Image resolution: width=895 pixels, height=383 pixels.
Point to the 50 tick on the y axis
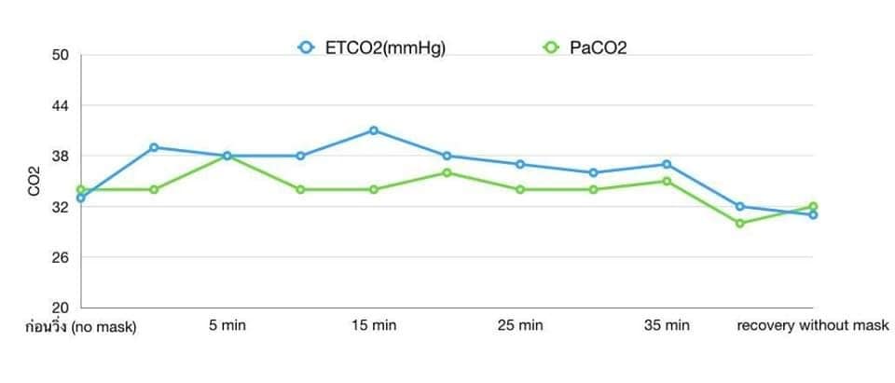click(61, 55)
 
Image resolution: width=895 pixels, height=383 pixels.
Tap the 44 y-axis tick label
click(61, 105)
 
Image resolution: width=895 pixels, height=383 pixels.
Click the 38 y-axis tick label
click(61, 156)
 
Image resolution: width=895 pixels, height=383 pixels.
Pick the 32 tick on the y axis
click(61, 207)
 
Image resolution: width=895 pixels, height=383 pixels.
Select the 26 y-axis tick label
click(61, 257)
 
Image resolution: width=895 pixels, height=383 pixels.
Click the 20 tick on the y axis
click(61, 308)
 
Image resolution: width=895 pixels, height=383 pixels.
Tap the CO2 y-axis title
click(34, 181)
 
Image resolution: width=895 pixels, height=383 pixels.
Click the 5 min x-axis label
click(227, 326)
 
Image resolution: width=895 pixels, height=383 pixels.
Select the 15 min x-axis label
click(373, 326)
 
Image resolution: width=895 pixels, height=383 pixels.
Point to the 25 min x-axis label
click(519, 326)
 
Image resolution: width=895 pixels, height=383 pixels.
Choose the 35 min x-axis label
click(667, 326)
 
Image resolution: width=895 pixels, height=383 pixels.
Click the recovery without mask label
click(812, 326)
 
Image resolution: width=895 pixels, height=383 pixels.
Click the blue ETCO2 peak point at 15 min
click(374, 130)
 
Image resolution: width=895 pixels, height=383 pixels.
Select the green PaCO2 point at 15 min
click(374, 189)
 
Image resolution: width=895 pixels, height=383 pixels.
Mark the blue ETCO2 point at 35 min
click(667, 164)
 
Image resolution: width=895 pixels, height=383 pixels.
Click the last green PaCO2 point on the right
click(813, 206)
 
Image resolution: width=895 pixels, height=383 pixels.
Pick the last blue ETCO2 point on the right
click(813, 214)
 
